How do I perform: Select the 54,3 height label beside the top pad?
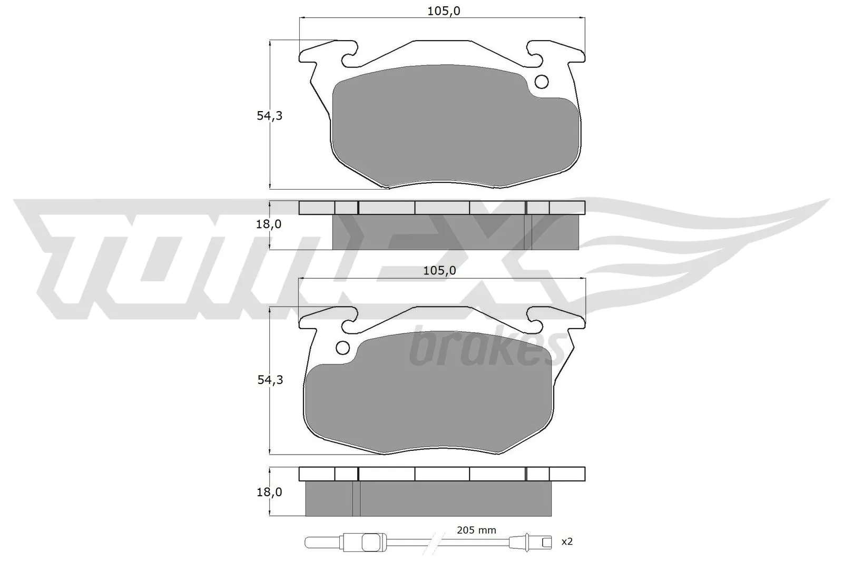point(269,116)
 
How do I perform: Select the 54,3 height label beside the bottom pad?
point(270,380)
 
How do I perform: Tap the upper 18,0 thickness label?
point(269,224)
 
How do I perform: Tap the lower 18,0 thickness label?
point(269,492)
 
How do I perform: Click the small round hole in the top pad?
point(541,82)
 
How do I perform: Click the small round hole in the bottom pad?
point(342,348)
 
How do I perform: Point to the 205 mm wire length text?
point(476,530)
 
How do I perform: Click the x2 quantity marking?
point(567,541)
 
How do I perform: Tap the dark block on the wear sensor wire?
point(371,541)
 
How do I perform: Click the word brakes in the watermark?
point(487,348)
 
